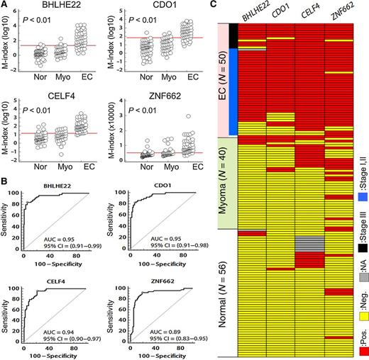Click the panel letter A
(5, 5)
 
